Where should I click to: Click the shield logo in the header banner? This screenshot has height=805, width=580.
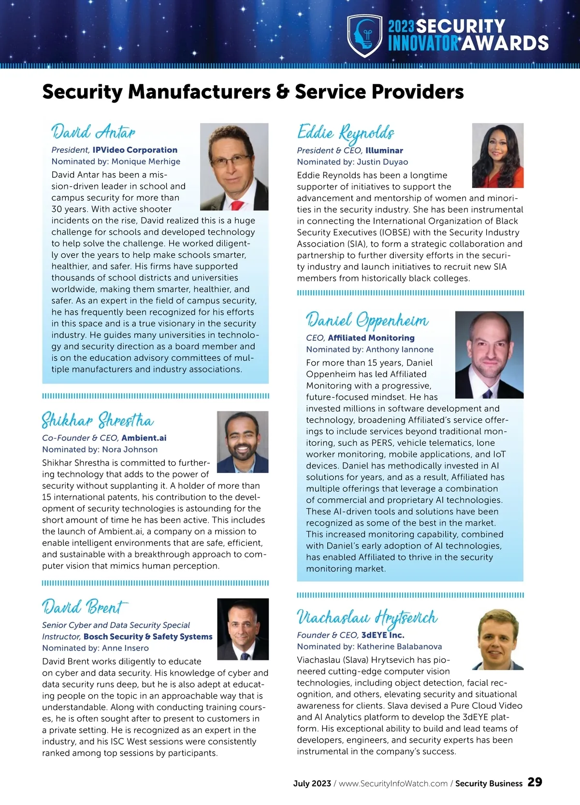pyautogui.click(x=365, y=35)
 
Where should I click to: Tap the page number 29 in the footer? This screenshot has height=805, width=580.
pyautogui.click(x=535, y=782)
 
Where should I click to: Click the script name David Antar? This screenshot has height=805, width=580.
pyautogui.click(x=93, y=132)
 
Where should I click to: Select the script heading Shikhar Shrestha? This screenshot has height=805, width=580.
pyautogui.click(x=98, y=420)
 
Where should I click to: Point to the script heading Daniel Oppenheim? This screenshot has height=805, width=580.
pyautogui.click(x=367, y=320)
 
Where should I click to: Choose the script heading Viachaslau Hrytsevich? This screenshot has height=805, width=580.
pyautogui.click(x=367, y=617)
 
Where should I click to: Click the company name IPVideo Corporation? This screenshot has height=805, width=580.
pyautogui.click(x=135, y=150)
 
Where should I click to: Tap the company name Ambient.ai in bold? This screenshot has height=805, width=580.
pyautogui.click(x=144, y=438)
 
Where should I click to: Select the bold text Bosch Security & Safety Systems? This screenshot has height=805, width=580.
pyautogui.click(x=148, y=637)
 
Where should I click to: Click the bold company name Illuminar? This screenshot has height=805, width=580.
pyautogui.click(x=384, y=150)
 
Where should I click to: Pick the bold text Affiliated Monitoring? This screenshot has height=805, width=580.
pyautogui.click(x=371, y=338)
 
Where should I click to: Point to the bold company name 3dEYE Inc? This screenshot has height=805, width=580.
pyautogui.click(x=383, y=635)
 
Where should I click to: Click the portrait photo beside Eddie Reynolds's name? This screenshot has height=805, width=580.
pyautogui.click(x=497, y=155)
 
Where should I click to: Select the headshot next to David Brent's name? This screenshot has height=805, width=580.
pyautogui.click(x=243, y=629)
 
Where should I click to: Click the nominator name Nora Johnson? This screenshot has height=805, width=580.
pyautogui.click(x=130, y=450)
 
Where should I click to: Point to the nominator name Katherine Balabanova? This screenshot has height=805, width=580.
pyautogui.click(x=399, y=647)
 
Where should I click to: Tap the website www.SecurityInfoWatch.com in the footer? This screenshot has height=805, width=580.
pyautogui.click(x=393, y=784)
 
